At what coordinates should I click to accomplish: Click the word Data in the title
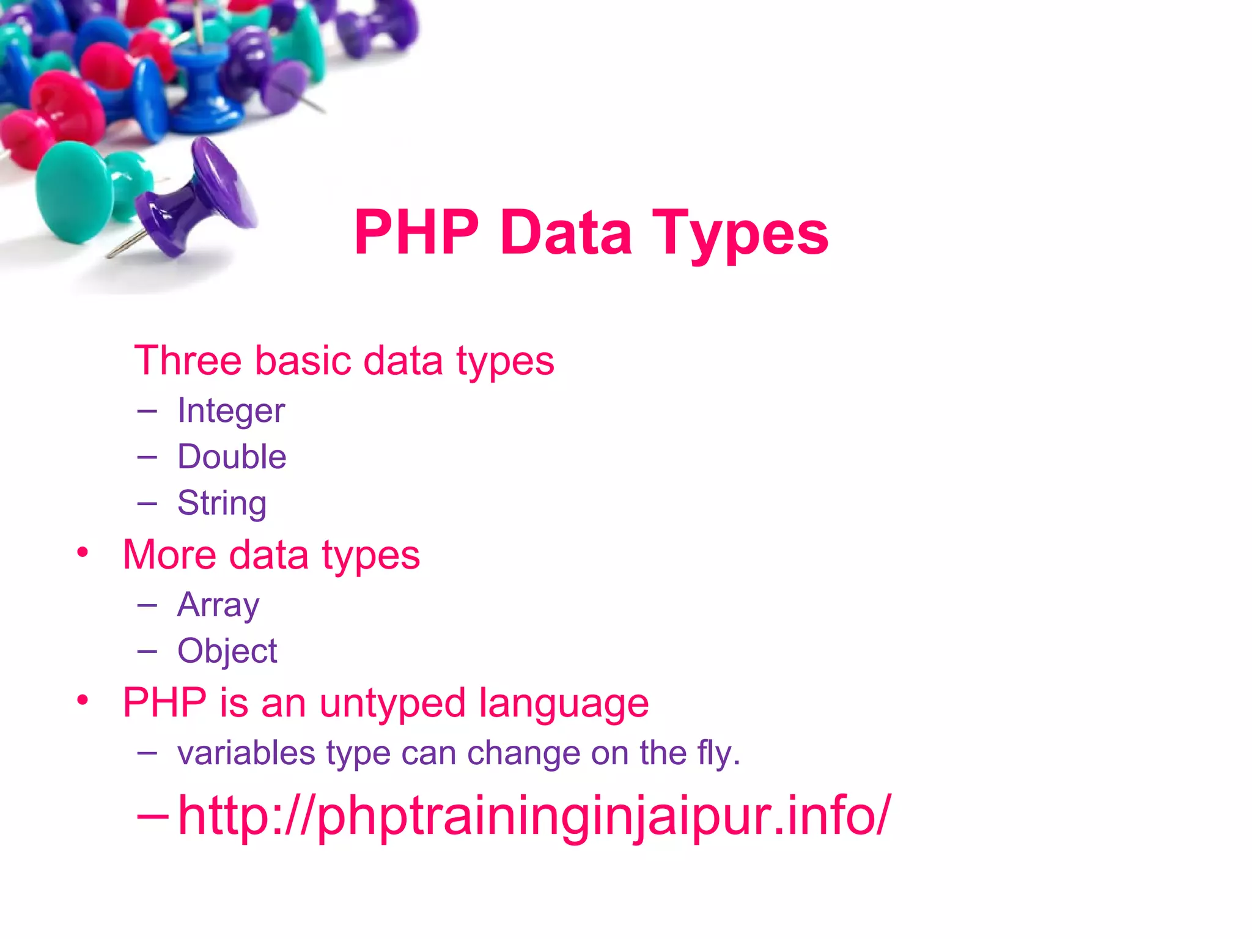coord(565,234)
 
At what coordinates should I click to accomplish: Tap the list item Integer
coord(231,411)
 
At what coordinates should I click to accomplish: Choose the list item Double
coord(232,457)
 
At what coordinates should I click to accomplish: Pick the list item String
coord(222,503)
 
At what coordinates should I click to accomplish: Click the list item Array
coord(218,605)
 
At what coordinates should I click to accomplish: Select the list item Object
coord(227,651)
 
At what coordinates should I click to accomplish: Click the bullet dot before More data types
coord(83,553)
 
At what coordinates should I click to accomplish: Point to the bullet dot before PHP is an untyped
coord(83,700)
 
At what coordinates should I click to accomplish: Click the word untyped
coord(392,703)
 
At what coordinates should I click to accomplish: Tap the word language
coord(563,703)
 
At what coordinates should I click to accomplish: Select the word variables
coord(246,753)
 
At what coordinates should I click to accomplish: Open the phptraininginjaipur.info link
coord(534,816)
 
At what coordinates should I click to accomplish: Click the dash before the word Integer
coord(147,411)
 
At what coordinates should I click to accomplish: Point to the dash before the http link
coord(152,816)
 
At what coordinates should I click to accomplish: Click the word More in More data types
coord(169,555)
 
